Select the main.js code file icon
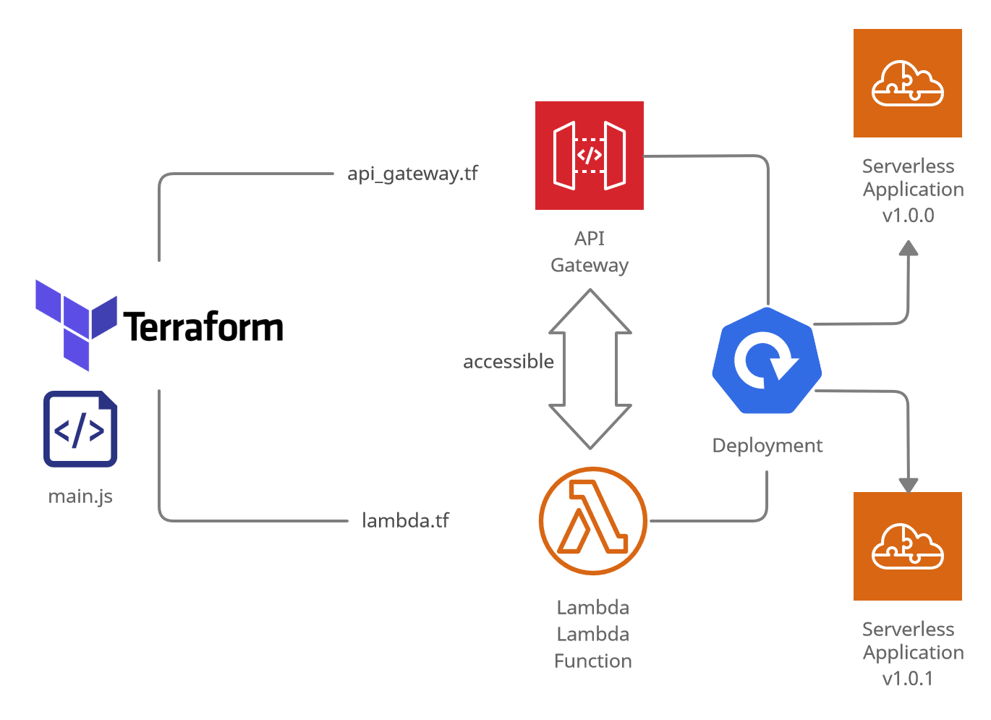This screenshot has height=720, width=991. (x=80, y=429)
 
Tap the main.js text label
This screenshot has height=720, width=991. (x=80, y=496)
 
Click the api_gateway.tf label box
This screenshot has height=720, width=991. (x=419, y=174)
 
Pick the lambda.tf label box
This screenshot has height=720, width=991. (x=433, y=521)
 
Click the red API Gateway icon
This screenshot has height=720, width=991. (x=589, y=156)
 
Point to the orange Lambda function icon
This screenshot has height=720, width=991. (x=592, y=521)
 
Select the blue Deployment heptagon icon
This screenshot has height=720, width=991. (x=766, y=360)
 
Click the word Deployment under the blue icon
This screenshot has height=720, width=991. (x=767, y=445)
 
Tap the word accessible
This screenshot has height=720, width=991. (x=509, y=361)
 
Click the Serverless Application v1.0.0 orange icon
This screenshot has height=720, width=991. (x=907, y=83)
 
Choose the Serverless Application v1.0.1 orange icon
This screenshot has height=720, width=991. (x=907, y=546)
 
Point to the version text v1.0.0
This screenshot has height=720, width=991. (x=908, y=215)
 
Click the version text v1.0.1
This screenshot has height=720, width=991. (x=908, y=678)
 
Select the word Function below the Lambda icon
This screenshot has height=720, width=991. (x=592, y=661)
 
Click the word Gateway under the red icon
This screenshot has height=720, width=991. (x=589, y=266)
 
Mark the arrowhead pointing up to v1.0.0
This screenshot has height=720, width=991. (x=908, y=248)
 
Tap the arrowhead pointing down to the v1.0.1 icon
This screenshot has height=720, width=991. (x=908, y=484)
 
